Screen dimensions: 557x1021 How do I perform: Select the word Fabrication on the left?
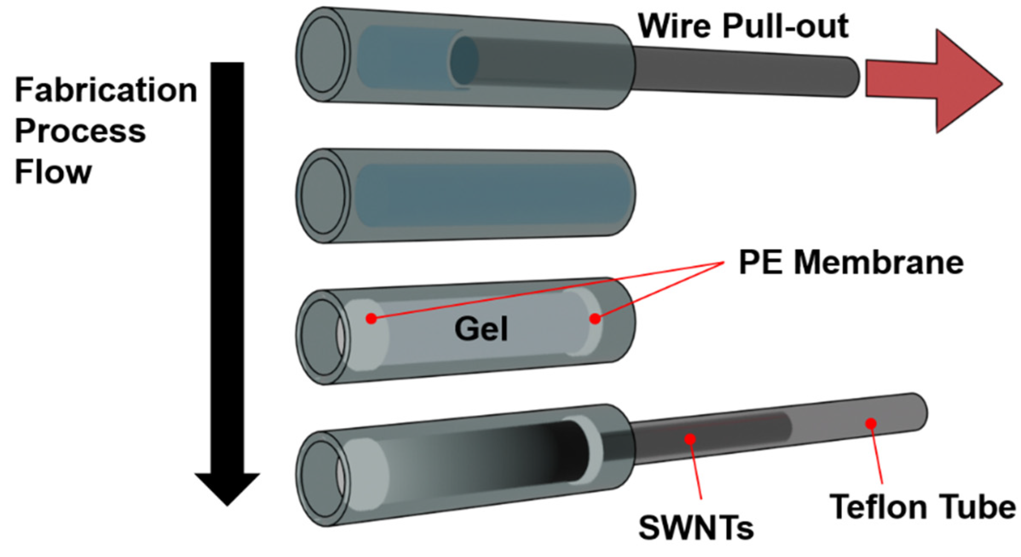(x=106, y=90)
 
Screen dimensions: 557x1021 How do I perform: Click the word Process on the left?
(x=80, y=131)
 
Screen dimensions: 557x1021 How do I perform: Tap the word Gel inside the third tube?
(x=481, y=329)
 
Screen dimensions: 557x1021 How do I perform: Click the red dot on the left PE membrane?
(x=371, y=318)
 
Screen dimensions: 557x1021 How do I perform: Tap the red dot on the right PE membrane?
(x=595, y=318)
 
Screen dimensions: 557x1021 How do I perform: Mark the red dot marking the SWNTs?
(x=690, y=439)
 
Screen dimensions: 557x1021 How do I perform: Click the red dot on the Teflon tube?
(x=871, y=423)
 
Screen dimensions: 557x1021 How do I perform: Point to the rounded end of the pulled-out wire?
(x=852, y=77)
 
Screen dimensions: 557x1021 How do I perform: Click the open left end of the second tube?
(x=322, y=196)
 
